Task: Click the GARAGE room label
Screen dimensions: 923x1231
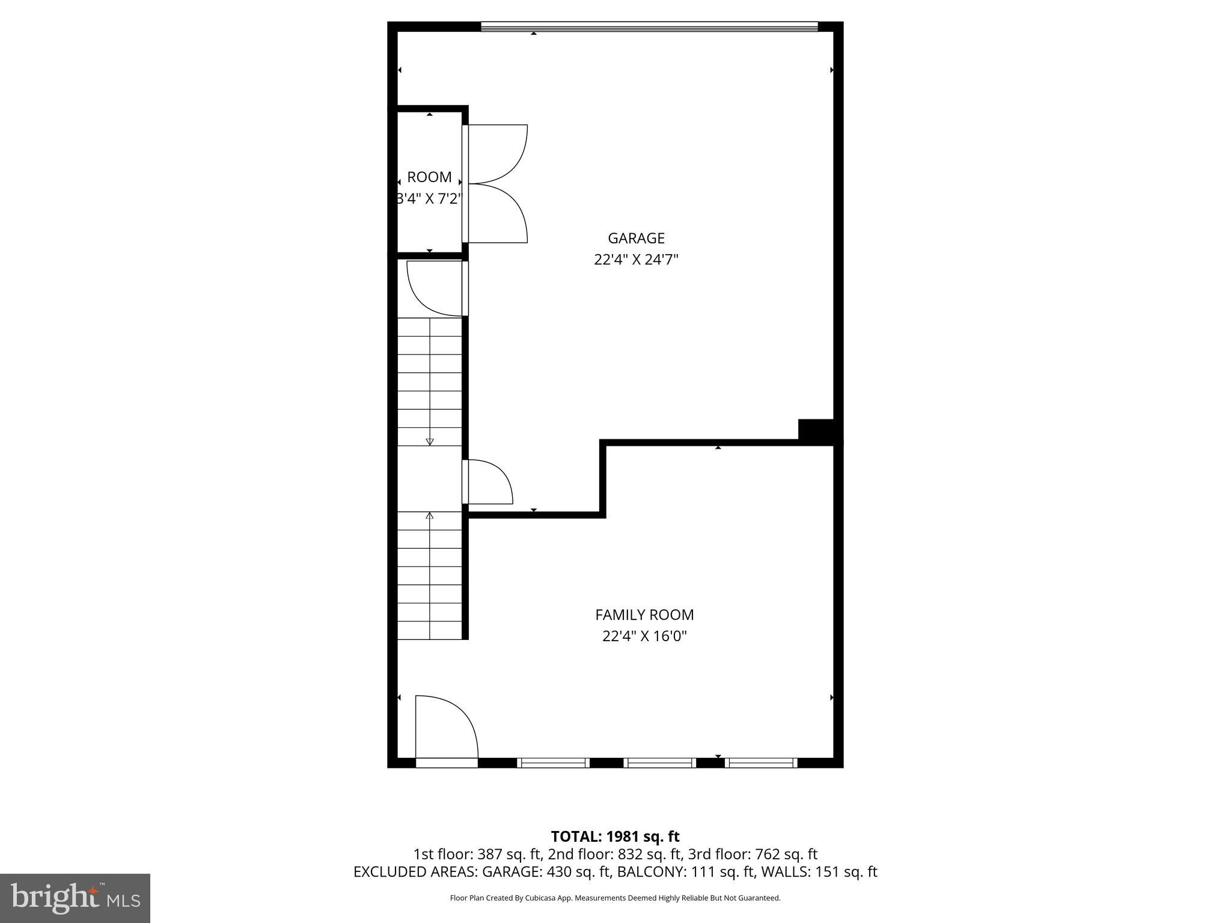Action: (636, 238)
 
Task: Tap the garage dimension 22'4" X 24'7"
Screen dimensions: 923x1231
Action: (636, 260)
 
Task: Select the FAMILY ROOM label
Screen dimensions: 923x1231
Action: (644, 615)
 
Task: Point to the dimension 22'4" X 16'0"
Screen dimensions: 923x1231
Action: (644, 636)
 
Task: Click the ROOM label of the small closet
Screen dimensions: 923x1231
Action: (429, 177)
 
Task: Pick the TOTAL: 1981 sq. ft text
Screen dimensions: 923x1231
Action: (615, 836)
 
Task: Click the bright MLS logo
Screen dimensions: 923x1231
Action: (75, 898)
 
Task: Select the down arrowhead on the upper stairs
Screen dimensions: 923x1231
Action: (430, 442)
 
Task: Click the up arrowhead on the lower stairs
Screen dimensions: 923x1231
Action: (430, 516)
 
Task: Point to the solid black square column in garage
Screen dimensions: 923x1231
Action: (816, 431)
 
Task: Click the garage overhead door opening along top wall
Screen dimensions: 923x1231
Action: (649, 26)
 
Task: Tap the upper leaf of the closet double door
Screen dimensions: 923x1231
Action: (497, 153)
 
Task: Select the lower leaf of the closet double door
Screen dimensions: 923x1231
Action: (497, 213)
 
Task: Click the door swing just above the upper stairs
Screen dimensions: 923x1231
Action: (434, 288)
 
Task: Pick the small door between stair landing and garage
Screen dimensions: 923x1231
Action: (488, 482)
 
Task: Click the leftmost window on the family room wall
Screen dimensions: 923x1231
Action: (553, 763)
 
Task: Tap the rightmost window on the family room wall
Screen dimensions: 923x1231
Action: (761, 763)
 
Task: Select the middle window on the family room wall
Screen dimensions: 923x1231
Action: (659, 763)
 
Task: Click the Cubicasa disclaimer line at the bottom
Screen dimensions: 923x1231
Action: (615, 898)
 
